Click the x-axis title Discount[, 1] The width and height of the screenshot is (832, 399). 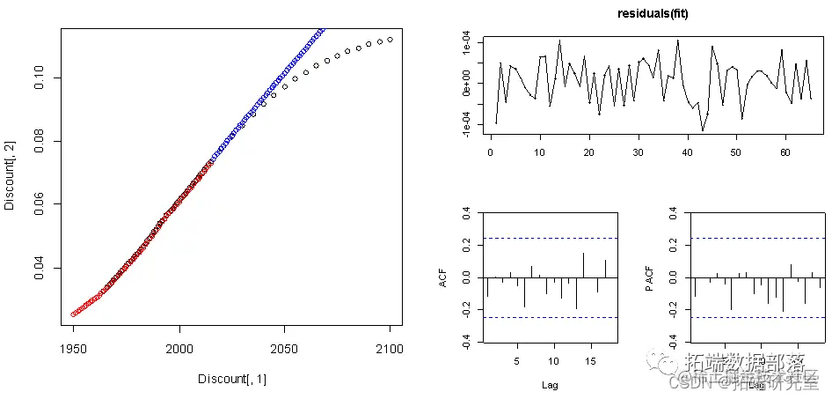tap(232, 379)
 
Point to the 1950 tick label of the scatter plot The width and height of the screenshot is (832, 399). tap(73, 349)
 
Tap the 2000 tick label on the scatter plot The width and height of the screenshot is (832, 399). tap(179, 349)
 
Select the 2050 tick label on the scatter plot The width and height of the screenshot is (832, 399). tap(285, 349)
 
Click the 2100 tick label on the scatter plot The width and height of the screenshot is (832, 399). tap(390, 349)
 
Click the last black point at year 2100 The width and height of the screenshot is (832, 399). tap(390, 39)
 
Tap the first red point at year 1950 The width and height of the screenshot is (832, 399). tap(73, 314)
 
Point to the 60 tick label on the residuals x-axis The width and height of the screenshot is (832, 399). tap(785, 151)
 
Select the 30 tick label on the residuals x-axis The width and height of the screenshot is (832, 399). tap(639, 151)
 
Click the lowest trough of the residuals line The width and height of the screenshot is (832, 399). tap(702, 130)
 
